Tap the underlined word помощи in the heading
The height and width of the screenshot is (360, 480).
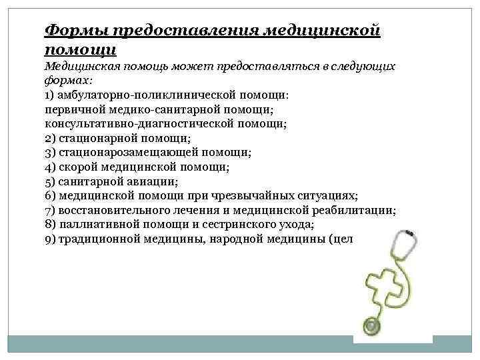pyautogui.click(x=81, y=49)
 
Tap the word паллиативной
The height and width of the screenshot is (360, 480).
pyautogui.click(x=99, y=225)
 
